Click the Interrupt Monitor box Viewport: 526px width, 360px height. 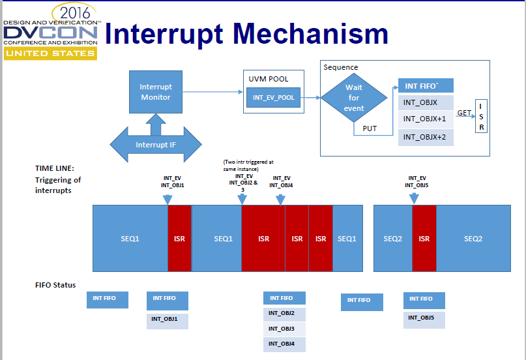click(x=156, y=92)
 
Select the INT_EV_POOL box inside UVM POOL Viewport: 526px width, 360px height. click(x=273, y=97)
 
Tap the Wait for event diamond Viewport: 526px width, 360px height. click(x=354, y=98)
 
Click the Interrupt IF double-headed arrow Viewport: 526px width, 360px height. click(x=155, y=144)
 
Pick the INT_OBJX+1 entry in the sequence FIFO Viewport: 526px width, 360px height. click(x=425, y=119)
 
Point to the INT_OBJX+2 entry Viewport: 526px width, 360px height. click(x=425, y=137)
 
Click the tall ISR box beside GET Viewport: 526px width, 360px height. click(x=482, y=117)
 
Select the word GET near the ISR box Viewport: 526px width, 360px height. click(x=464, y=113)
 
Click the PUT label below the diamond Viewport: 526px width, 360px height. click(x=370, y=128)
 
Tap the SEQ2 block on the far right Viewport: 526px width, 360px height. click(x=473, y=239)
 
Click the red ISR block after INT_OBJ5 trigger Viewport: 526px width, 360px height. click(x=424, y=239)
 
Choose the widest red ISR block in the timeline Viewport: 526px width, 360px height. click(x=263, y=239)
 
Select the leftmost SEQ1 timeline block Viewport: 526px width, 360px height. click(x=130, y=239)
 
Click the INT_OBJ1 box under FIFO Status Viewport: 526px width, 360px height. click(x=168, y=319)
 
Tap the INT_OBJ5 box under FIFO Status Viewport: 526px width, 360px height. click(x=424, y=318)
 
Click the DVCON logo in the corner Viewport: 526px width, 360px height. click(x=50, y=33)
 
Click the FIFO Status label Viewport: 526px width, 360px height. click(x=55, y=285)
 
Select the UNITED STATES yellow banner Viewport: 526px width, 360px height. click(x=50, y=53)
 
